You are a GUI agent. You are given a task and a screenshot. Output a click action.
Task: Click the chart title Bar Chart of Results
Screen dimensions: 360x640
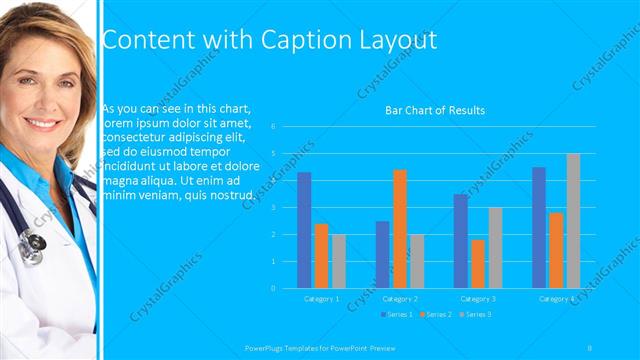tap(435, 110)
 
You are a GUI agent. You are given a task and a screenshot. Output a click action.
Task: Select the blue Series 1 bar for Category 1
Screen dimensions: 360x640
tap(304, 230)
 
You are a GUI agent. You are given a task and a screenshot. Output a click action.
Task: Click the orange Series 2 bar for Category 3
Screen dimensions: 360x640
tap(478, 263)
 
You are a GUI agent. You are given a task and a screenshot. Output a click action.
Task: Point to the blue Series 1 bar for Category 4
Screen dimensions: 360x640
tap(539, 227)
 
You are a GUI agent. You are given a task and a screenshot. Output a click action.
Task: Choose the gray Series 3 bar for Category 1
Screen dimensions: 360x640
tap(339, 261)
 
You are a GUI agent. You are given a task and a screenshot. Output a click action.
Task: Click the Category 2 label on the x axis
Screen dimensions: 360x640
tap(400, 298)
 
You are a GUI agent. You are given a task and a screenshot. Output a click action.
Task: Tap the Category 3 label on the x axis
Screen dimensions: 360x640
tap(478, 298)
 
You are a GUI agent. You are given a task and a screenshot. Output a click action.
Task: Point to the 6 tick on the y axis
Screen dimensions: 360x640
tap(287, 126)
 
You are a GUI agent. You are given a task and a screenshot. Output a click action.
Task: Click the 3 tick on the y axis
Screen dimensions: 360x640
tap(287, 207)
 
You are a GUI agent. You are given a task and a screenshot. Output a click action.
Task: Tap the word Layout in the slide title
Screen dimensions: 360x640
tap(392, 40)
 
